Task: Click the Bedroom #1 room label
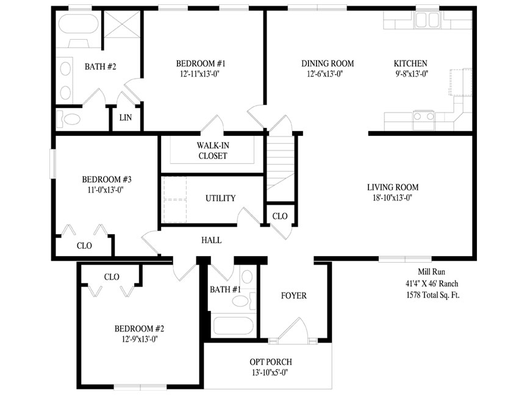click(x=201, y=63)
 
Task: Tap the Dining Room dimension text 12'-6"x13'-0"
click(x=325, y=74)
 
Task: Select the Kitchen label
click(x=410, y=63)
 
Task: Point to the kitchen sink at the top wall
click(x=427, y=20)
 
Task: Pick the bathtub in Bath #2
click(x=78, y=24)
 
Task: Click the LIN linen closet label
click(x=126, y=118)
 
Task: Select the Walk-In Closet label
click(x=213, y=151)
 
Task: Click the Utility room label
click(x=220, y=198)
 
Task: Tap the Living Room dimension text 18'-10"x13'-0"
click(x=393, y=198)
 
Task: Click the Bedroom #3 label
click(x=107, y=179)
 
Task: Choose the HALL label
click(x=212, y=240)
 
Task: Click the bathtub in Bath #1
click(x=233, y=326)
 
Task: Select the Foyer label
click(x=294, y=296)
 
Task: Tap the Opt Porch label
click(x=271, y=362)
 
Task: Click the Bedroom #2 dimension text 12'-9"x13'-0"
click(x=140, y=340)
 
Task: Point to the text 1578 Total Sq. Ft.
click(x=432, y=295)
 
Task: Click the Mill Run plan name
click(x=432, y=271)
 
